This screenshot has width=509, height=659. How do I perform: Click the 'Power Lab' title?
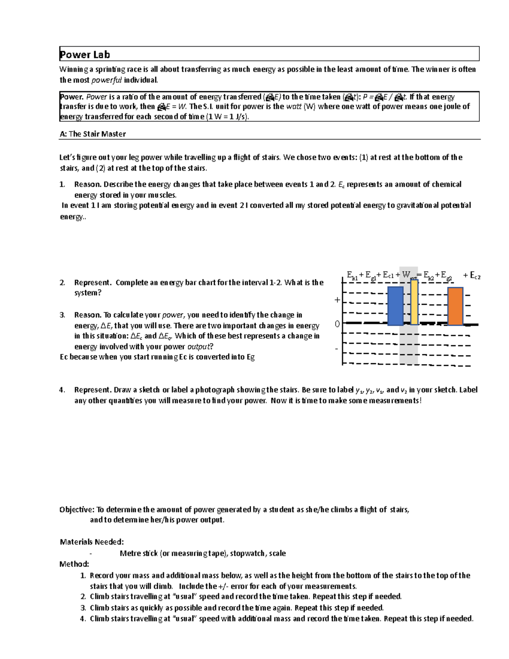coord(85,54)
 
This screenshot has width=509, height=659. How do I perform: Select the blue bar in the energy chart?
coord(395,306)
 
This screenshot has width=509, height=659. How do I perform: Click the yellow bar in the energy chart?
coord(414,302)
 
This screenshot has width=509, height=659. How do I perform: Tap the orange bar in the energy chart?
coord(455,306)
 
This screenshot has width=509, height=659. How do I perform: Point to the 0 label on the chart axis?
coord(337,324)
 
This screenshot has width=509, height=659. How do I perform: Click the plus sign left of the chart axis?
coord(337,300)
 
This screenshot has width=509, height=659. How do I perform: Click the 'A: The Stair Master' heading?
coord(93,134)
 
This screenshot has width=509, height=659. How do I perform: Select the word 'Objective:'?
coord(77,509)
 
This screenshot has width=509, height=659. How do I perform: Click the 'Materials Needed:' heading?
coord(92,541)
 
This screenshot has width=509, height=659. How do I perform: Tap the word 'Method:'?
coord(74,564)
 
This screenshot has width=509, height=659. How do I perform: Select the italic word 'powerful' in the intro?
coord(106,80)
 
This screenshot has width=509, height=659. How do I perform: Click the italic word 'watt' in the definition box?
coord(294,107)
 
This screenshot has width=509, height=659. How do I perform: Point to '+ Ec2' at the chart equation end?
coord(471,276)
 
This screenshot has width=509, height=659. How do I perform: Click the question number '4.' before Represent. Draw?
coord(62,390)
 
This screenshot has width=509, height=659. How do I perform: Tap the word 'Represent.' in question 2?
coord(92,283)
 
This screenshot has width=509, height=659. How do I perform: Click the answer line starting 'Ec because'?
coord(157,357)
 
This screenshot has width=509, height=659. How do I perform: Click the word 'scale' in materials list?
coord(277,553)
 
